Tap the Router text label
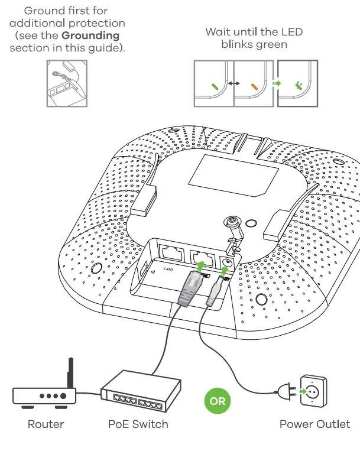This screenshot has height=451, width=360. [46, 424]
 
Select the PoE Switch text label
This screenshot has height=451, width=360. [138, 424]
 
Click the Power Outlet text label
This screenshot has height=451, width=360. [314, 424]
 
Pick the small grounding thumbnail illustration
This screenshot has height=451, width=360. [66, 82]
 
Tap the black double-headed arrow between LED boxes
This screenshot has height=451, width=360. [233, 85]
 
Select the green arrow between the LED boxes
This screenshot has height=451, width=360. [276, 85]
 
